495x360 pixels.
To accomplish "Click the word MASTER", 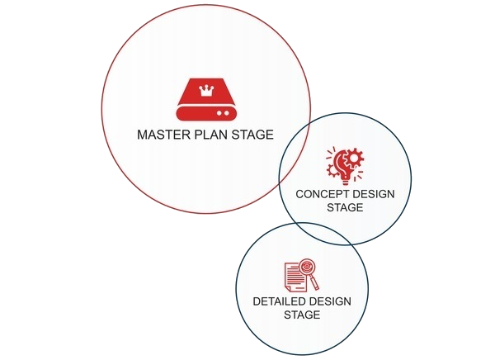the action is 164,135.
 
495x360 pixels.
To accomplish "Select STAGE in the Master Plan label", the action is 252,135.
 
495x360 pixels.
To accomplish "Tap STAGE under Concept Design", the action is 345,207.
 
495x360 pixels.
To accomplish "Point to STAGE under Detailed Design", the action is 302,315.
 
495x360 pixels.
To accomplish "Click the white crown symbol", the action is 206,91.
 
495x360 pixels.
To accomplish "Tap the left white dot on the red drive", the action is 219,113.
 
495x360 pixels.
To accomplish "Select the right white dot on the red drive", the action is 226,113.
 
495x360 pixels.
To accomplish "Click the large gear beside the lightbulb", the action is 354,158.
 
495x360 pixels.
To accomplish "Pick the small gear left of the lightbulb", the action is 332,170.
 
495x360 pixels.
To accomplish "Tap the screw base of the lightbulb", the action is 346,181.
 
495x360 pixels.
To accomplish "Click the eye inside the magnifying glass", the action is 307,267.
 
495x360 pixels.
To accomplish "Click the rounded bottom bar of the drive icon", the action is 206,113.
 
